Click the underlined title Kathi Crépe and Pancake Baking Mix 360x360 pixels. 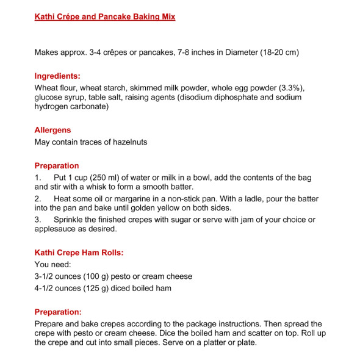pyautogui.click(x=105, y=16)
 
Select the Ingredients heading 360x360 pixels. pyautogui.click(x=57, y=76)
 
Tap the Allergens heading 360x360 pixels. pyautogui.click(x=52, y=130)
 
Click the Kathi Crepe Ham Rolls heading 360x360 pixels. pyautogui.click(x=79, y=252)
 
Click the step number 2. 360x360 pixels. pyautogui.click(x=37, y=199)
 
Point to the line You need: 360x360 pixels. pyautogui.click(x=53, y=264)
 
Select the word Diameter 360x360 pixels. pyautogui.click(x=221, y=52)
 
